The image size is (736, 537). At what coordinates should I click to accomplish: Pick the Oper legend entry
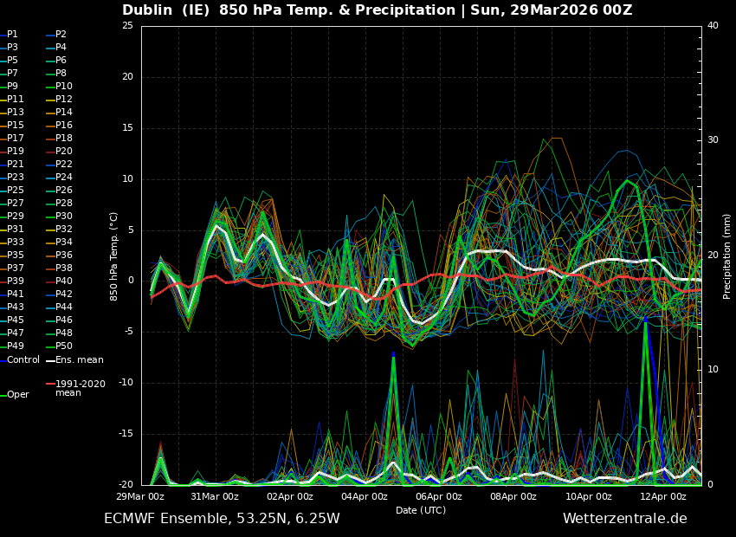coord(18,395)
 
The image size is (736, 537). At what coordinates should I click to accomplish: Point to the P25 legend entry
coord(15,191)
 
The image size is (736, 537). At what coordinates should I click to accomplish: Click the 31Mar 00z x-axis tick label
coord(215,496)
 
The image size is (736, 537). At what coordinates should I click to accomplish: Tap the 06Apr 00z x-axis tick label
coord(439,496)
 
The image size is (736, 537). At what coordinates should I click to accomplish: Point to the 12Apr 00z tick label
coord(663,496)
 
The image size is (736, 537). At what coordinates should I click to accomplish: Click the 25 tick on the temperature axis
coord(127,26)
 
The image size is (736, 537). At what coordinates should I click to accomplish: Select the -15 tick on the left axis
coord(126,434)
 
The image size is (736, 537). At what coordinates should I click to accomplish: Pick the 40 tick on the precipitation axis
coord(713,26)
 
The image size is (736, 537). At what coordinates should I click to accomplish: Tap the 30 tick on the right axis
coord(713,140)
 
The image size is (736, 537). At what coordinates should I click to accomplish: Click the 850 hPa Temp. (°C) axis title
coord(114,256)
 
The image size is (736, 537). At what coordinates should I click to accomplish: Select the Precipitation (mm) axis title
coord(727,256)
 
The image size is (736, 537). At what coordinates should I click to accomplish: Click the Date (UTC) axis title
coord(421,510)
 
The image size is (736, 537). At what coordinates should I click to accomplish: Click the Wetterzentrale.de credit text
coord(624,519)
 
